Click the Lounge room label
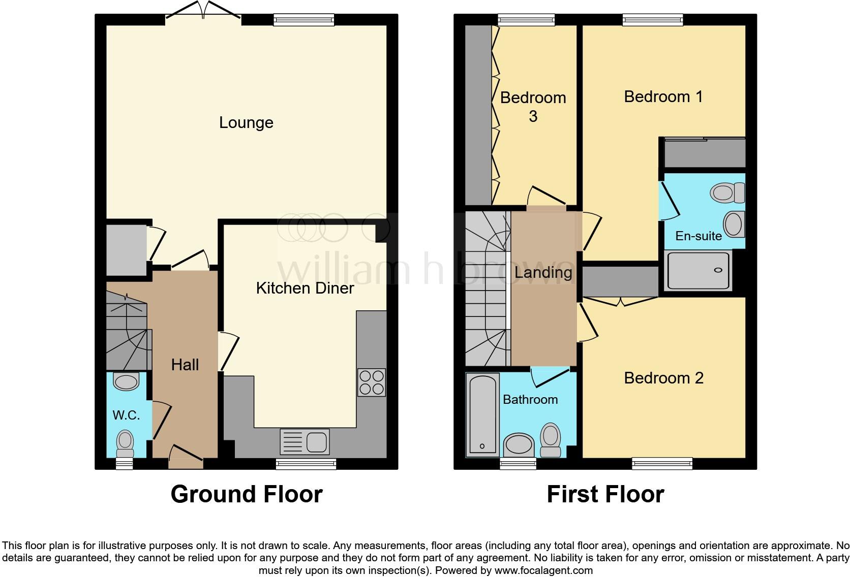(x=246, y=122)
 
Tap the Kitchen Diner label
(x=305, y=288)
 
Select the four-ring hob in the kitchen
(x=372, y=382)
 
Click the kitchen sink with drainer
(x=305, y=442)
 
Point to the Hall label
(x=185, y=365)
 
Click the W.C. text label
(x=127, y=415)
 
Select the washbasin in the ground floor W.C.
(x=127, y=381)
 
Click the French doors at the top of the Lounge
(x=203, y=10)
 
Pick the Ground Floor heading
(x=247, y=494)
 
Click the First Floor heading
(x=605, y=494)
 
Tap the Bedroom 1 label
(x=663, y=97)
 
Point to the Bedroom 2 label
(x=664, y=378)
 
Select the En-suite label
(x=699, y=236)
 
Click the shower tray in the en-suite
(x=698, y=270)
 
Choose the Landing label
(x=543, y=272)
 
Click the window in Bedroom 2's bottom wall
(x=662, y=463)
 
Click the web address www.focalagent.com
(x=543, y=570)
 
